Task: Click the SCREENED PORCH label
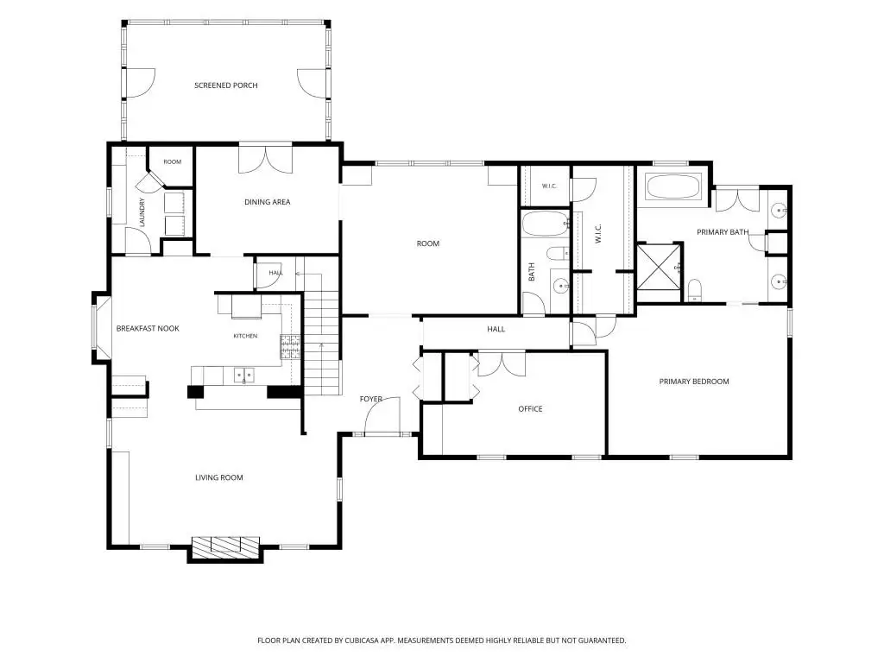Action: (225, 85)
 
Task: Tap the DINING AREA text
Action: (268, 202)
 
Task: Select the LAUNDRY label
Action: (142, 212)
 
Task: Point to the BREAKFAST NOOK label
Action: (148, 328)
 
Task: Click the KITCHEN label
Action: (245, 336)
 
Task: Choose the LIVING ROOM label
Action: (218, 477)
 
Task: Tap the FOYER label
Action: (371, 399)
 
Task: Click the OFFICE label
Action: (531, 408)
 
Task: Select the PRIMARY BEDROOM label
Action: (694, 382)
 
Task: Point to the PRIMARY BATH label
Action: (723, 231)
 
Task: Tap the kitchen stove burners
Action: (290, 347)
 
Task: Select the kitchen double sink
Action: (243, 375)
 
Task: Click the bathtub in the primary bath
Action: (673, 186)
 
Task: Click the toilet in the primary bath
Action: (695, 290)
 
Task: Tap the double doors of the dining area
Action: (266, 159)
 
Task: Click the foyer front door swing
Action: (382, 415)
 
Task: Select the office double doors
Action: (502, 363)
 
